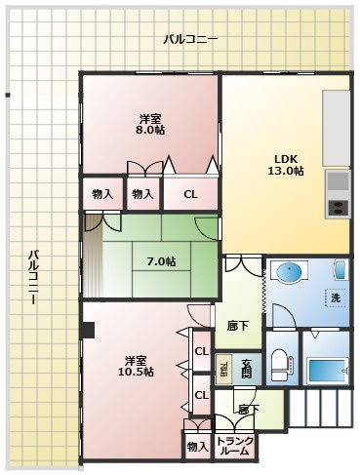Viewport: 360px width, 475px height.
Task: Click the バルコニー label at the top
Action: [190, 40]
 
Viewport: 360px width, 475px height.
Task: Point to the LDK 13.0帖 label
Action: [285, 164]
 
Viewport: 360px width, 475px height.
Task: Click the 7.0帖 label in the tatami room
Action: [161, 261]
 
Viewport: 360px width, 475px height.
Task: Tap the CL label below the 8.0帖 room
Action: [190, 194]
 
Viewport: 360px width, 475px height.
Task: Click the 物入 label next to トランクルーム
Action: [196, 446]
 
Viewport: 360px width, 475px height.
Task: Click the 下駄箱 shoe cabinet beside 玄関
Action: [223, 370]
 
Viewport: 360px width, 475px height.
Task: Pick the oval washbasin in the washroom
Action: [290, 272]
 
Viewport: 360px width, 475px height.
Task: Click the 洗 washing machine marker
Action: [335, 297]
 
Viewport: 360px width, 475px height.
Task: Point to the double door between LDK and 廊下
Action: [242, 263]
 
